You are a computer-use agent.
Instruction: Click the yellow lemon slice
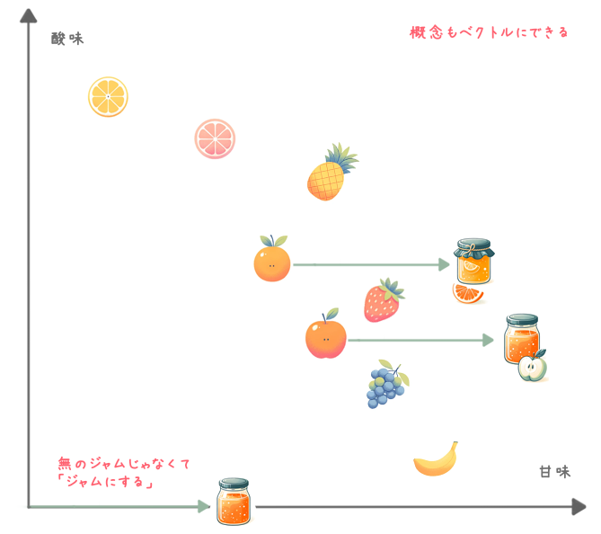coord(108,97)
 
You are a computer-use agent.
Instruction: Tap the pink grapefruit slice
coord(215,138)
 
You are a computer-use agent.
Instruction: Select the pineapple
coord(331,173)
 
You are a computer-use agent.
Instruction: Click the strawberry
coord(384,300)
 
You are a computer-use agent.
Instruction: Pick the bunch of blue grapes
coord(387,385)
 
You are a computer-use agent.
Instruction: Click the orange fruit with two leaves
coord(272,259)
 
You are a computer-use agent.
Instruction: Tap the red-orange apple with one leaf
coord(326,334)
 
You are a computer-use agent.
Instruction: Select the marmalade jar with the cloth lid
coord(474,262)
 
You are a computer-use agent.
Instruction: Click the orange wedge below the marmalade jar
coord(467,294)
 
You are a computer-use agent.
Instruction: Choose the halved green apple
coord(533,367)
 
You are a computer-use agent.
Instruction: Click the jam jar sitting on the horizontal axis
coord(234,502)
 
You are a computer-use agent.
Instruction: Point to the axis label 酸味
coord(67,39)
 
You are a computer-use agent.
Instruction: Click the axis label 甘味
coord(554,471)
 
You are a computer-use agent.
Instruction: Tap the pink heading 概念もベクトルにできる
coord(489,32)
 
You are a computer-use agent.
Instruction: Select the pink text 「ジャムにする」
coord(105,481)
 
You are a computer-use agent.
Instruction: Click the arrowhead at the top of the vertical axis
coord(29,15)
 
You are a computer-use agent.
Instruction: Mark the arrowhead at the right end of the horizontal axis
coord(579,507)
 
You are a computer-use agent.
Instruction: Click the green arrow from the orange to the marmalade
coord(371,264)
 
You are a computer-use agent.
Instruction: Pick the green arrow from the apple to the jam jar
coord(420,340)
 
